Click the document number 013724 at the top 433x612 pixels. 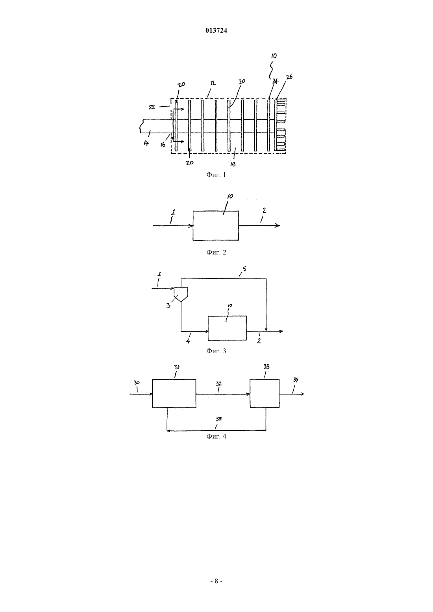(x=216, y=30)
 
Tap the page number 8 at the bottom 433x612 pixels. (x=216, y=581)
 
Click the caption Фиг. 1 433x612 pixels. (x=216, y=175)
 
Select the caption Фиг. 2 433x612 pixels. (x=216, y=252)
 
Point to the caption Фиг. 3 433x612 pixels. (x=216, y=351)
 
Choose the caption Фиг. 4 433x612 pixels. (x=216, y=436)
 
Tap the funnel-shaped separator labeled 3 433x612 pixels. (x=181, y=294)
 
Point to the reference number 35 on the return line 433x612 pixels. (x=219, y=418)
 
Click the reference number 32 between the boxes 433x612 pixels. (x=219, y=383)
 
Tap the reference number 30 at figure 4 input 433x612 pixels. (x=137, y=383)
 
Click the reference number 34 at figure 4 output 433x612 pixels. (x=296, y=380)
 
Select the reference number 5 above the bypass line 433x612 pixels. (x=244, y=269)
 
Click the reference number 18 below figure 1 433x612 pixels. (x=233, y=164)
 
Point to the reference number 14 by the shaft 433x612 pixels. (x=146, y=143)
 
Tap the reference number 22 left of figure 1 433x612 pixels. (x=152, y=107)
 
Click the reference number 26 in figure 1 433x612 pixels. (x=289, y=77)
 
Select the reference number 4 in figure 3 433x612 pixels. (x=188, y=341)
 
